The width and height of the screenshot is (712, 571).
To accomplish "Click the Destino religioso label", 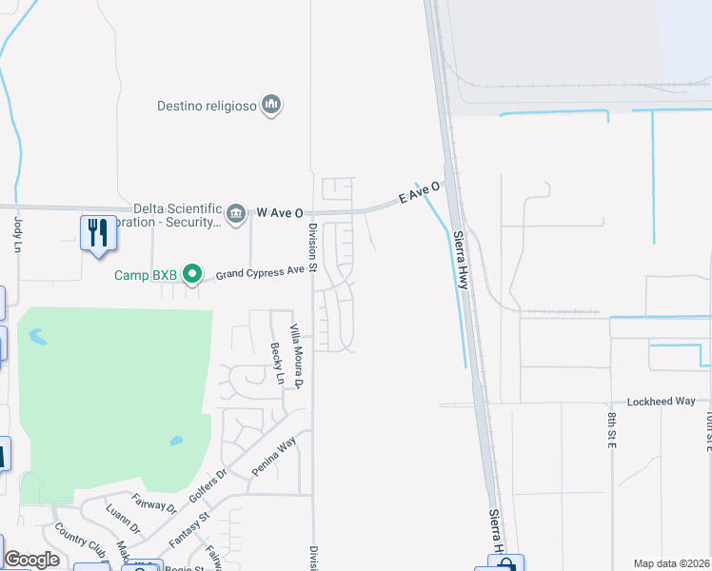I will pyautogui.click(x=207, y=106).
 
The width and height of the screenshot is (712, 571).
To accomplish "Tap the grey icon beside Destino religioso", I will pyautogui.click(x=271, y=104).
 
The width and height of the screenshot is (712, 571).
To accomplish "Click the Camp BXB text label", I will pyautogui.click(x=146, y=275).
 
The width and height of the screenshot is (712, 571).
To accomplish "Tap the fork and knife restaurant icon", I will pyautogui.click(x=98, y=232).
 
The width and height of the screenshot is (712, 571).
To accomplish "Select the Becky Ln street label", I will pyautogui.click(x=277, y=364).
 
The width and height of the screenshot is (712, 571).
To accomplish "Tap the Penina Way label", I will pyautogui.click(x=274, y=455).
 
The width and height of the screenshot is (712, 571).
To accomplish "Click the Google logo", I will pyautogui.click(x=32, y=559).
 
